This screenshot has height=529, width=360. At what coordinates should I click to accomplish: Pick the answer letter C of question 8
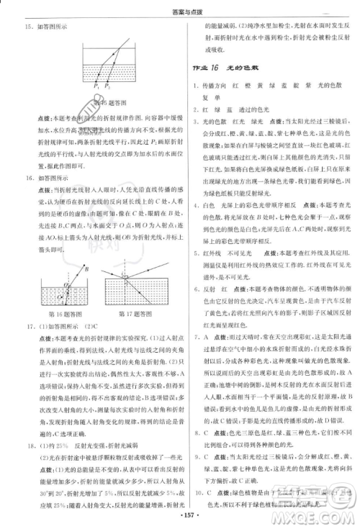click(x=207, y=414)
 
